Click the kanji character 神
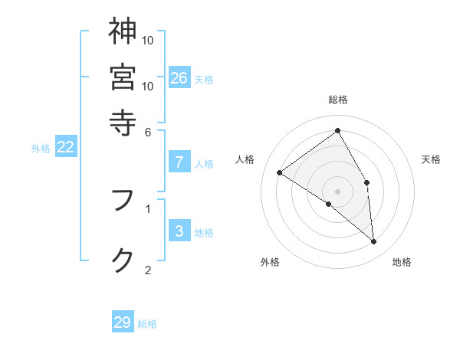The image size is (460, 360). (x=123, y=31)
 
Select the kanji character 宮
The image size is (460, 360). (x=123, y=77)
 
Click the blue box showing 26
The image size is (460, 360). (x=179, y=77)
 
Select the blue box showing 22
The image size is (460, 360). (x=65, y=147)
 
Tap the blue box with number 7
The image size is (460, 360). (x=179, y=162)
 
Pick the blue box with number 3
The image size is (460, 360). (x=179, y=231)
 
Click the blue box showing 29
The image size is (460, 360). (x=122, y=322)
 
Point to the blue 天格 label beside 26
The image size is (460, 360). (x=204, y=79)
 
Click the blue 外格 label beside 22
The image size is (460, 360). (x=41, y=149)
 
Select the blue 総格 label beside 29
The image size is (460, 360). (x=147, y=324)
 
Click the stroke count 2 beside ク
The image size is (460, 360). (x=148, y=269)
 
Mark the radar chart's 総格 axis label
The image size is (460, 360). (x=338, y=100)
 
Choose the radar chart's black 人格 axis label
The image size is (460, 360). (x=245, y=159)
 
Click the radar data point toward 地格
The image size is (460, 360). (x=373, y=242)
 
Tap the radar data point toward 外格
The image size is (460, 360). (x=328, y=204)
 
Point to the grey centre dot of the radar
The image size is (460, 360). (x=338, y=191)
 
